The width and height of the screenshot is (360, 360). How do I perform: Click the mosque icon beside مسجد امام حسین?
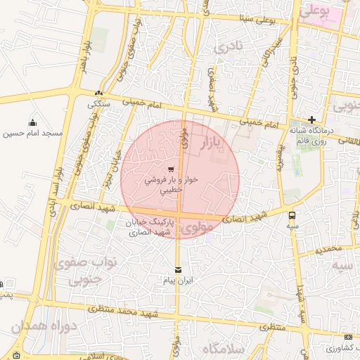coord(33,122)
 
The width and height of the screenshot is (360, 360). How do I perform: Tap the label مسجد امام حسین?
coord(33,133)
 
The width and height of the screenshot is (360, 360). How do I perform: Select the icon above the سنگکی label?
coord(98,94)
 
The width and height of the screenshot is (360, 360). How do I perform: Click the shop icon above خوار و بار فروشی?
coord(172,169)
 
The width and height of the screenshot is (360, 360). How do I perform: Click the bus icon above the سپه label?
coord(292,216)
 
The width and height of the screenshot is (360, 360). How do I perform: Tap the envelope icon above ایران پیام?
coord(177,269)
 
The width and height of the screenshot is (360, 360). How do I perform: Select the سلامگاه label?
coord(221,349)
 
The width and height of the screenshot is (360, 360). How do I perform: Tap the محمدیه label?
coord(328,249)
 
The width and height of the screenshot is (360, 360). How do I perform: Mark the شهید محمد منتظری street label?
coord(117,310)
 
